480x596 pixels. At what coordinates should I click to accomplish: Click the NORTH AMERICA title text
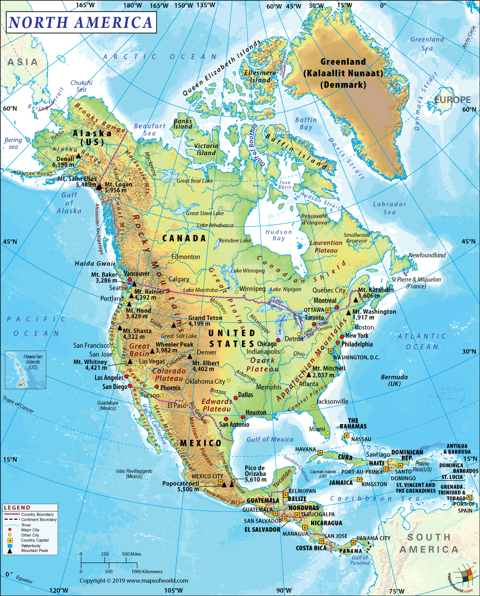pyautogui.click(x=81, y=23)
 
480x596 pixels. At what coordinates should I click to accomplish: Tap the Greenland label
pyautogui.click(x=343, y=62)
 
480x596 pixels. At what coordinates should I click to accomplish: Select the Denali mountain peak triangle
pyautogui.click(x=78, y=156)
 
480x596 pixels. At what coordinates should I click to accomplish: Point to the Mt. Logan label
pyautogui.click(x=118, y=184)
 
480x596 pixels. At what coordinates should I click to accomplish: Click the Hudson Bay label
pyautogui.click(x=278, y=235)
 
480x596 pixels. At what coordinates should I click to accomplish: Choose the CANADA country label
pyautogui.click(x=184, y=238)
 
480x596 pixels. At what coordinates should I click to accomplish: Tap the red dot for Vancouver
pyautogui.click(x=130, y=279)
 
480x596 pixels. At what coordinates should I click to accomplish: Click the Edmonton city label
pyautogui.click(x=186, y=257)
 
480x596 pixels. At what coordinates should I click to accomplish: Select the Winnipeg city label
pyautogui.click(x=252, y=289)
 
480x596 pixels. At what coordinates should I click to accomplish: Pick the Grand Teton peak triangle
pyautogui.click(x=174, y=325)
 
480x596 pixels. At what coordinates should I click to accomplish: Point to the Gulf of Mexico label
pyautogui.click(x=270, y=439)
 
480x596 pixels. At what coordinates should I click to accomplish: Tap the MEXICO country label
pyautogui.click(x=201, y=443)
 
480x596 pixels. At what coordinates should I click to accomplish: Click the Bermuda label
pyautogui.click(x=394, y=377)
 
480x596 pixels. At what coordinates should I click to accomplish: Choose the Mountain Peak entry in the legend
pyautogui.click(x=35, y=550)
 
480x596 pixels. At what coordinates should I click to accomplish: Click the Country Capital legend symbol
pyautogui.click(x=10, y=540)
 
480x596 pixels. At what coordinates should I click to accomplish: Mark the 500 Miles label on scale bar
pyautogui.click(x=132, y=554)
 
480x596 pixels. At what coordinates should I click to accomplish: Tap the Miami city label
pyautogui.click(x=317, y=429)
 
